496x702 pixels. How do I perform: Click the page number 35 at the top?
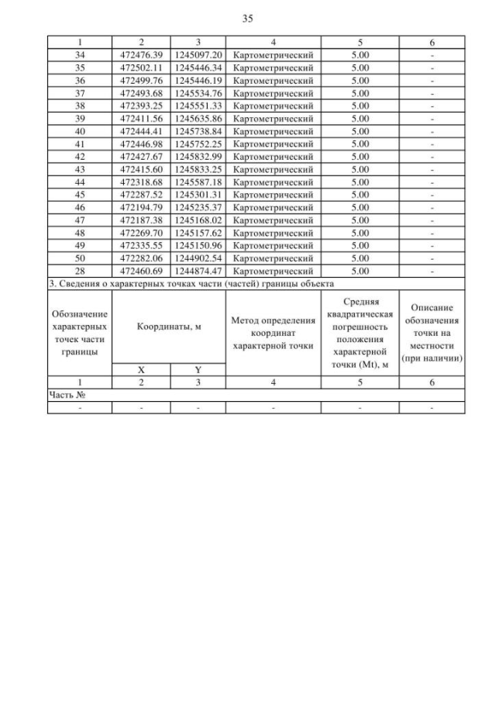(x=247, y=18)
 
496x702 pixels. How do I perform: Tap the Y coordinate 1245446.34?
(x=198, y=67)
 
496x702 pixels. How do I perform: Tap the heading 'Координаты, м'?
(x=169, y=327)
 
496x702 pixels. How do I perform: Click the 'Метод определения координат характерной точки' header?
(x=274, y=333)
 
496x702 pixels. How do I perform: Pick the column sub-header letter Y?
(x=198, y=371)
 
